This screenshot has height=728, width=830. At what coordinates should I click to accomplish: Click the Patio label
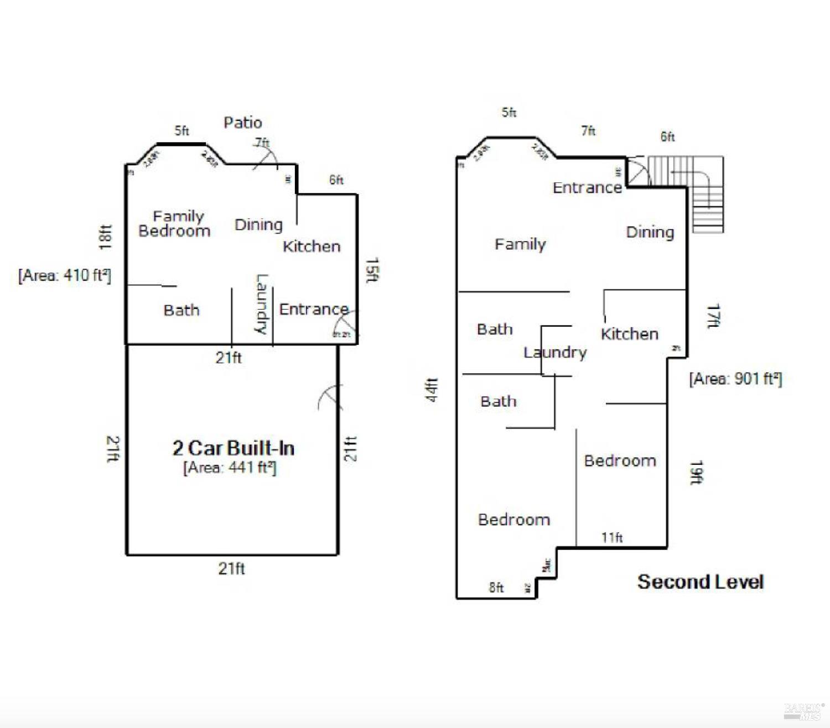pyautogui.click(x=242, y=122)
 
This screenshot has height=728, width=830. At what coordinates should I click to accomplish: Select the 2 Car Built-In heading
pyautogui.click(x=233, y=448)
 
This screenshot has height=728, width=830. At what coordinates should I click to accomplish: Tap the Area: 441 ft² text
pyautogui.click(x=230, y=468)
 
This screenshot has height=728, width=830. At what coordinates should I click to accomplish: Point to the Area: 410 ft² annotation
pyautogui.click(x=65, y=275)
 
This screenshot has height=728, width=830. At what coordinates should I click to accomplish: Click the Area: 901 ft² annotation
pyautogui.click(x=735, y=379)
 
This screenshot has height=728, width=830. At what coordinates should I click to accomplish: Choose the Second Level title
pyautogui.click(x=700, y=582)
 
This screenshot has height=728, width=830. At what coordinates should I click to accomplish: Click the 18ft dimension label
pyautogui.click(x=105, y=237)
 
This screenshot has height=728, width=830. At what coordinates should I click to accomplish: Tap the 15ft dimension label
pyautogui.click(x=372, y=270)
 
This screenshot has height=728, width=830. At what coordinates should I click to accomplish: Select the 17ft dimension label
pyautogui.click(x=713, y=316)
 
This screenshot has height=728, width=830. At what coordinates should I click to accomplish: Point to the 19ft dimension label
pyautogui.click(x=696, y=473)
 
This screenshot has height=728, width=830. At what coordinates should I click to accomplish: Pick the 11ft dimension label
pyautogui.click(x=612, y=537)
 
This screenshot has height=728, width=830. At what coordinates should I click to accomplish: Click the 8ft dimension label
pyautogui.click(x=496, y=587)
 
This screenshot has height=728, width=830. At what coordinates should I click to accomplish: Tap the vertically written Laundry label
pyautogui.click(x=261, y=305)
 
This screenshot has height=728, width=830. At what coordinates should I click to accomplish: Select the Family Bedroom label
pyautogui.click(x=174, y=223)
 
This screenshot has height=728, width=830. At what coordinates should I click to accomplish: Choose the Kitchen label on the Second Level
pyautogui.click(x=629, y=334)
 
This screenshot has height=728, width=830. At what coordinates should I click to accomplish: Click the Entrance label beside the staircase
pyautogui.click(x=587, y=187)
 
